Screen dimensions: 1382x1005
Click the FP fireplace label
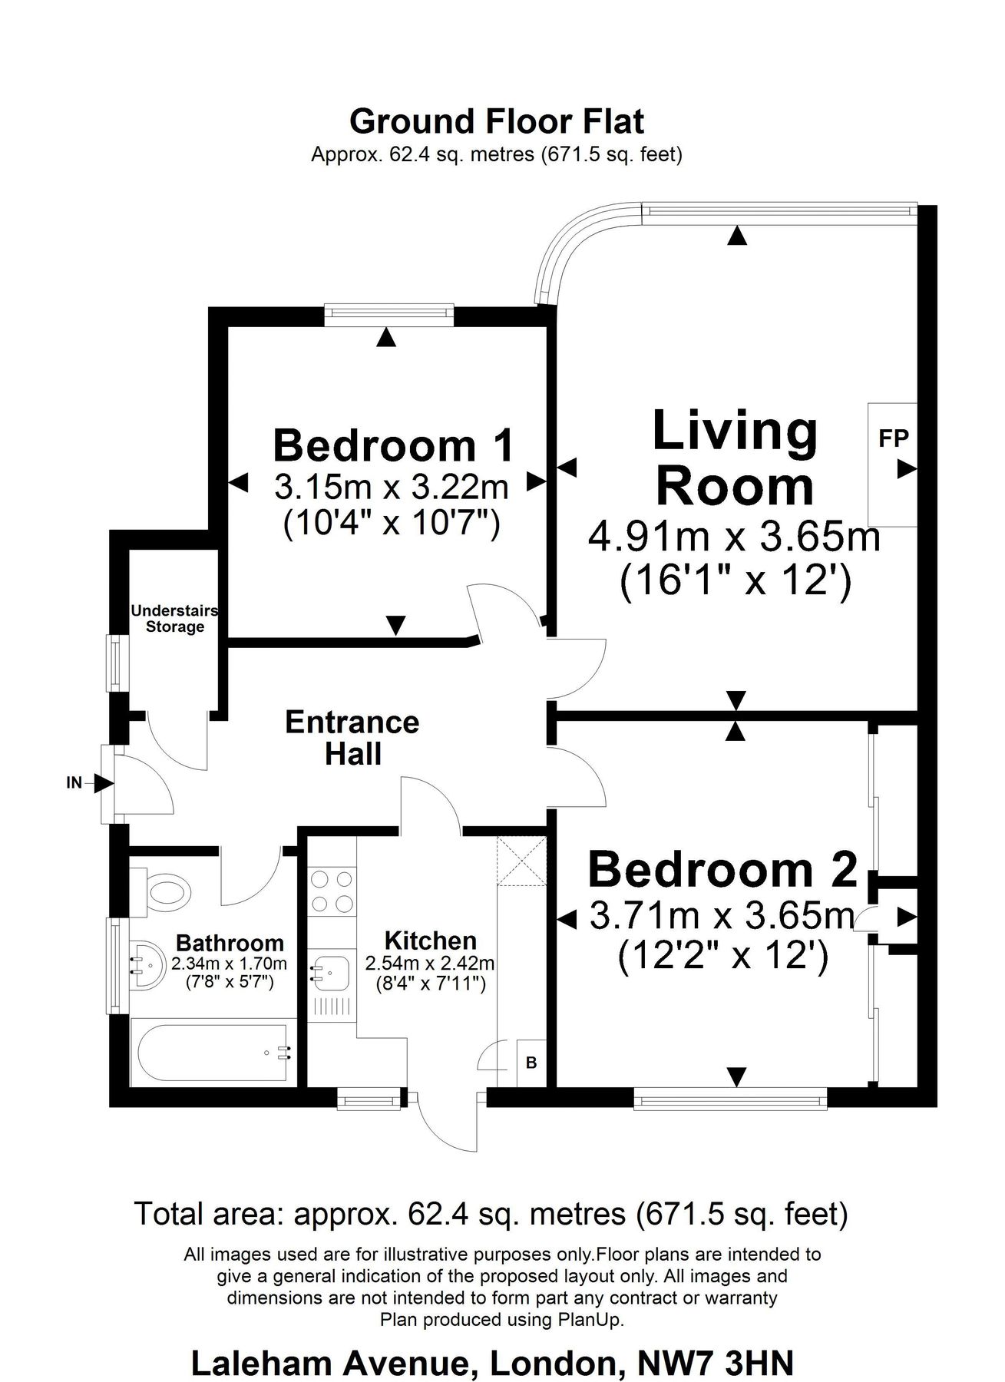[x=894, y=438]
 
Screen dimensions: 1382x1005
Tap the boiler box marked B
[x=531, y=1063]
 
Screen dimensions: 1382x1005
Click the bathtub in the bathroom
[x=213, y=1053]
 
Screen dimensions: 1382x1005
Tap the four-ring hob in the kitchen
[x=332, y=891]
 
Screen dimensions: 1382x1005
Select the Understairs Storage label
[x=174, y=619]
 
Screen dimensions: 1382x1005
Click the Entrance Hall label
[x=352, y=738]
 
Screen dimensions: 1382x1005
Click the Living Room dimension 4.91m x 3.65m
[x=734, y=537]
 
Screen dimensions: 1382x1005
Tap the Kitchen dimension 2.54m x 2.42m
[x=430, y=963]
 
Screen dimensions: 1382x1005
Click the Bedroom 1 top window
[x=388, y=311]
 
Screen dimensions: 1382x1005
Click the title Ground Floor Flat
[x=497, y=121]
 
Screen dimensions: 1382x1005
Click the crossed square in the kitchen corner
[x=521, y=861]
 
